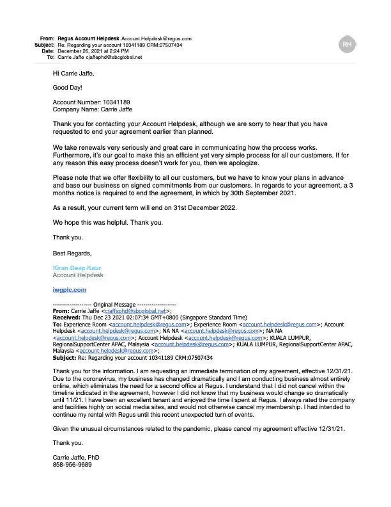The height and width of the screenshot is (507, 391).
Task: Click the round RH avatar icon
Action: click(x=346, y=44)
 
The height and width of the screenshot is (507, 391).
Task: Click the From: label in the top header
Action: click(x=47, y=38)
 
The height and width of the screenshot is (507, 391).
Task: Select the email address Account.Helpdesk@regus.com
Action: click(x=157, y=38)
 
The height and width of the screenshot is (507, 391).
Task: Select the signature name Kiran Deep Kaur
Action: click(x=77, y=268)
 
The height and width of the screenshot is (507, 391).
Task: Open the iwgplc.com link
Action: click(x=69, y=289)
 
